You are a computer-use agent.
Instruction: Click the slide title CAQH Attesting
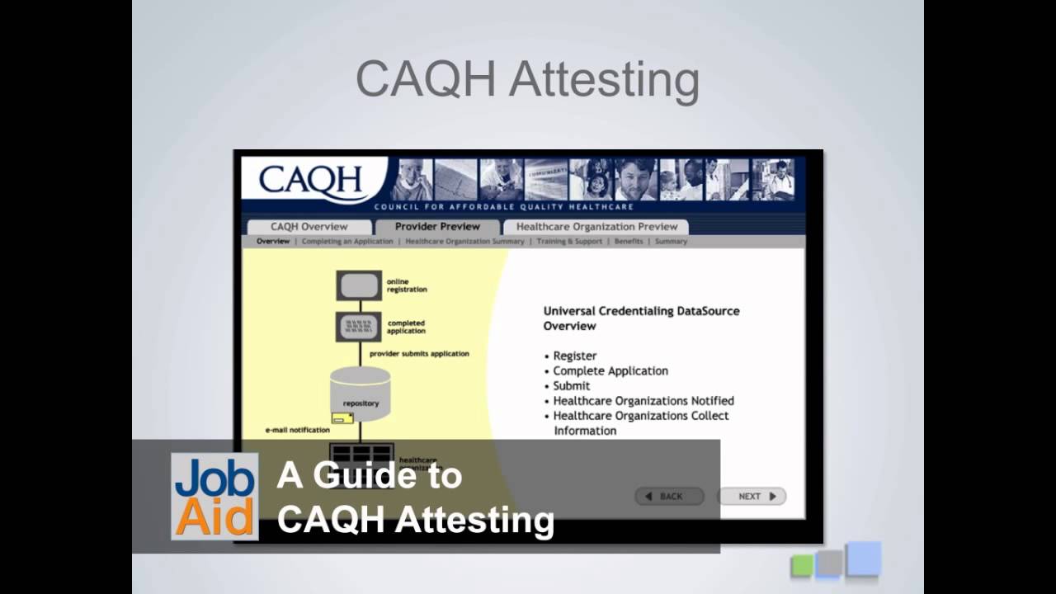(527, 79)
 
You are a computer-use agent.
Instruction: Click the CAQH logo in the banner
(311, 181)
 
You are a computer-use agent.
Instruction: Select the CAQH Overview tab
(309, 227)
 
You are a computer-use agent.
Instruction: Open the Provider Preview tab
(437, 227)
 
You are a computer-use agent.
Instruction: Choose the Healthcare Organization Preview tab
(596, 227)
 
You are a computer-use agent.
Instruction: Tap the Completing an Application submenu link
(347, 242)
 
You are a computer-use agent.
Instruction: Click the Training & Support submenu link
(569, 242)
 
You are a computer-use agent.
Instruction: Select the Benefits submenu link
(629, 242)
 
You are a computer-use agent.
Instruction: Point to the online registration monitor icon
(359, 285)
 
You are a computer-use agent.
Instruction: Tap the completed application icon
(359, 327)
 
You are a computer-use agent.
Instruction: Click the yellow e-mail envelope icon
(342, 418)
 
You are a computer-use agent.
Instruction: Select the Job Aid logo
(214, 497)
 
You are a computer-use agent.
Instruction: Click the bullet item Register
(574, 356)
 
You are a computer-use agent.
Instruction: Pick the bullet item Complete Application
(610, 370)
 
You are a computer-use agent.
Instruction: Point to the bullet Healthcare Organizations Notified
(643, 401)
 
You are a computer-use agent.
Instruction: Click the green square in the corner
(802, 565)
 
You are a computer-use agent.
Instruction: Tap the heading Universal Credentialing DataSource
(641, 311)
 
